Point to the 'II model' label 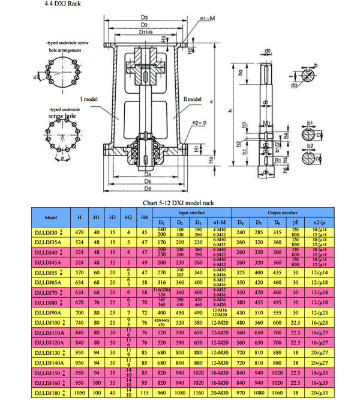pos(193,98)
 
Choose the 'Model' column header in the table pos(51,217)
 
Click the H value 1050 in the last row pos(80,392)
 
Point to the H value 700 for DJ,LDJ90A pos(80,313)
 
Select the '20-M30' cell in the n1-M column pos(219,392)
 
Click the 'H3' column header pos(128,217)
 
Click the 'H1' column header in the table pos(97,217)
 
